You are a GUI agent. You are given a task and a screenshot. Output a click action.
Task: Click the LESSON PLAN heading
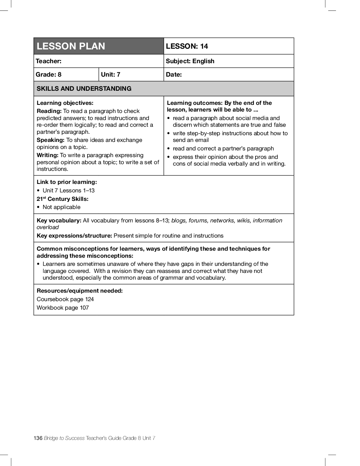pos(71,46)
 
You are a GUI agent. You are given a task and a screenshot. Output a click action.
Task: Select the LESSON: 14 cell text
pos(187,46)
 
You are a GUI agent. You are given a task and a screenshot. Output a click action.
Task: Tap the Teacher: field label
pos(48,61)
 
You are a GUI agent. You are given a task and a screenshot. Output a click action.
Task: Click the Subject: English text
pos(190,61)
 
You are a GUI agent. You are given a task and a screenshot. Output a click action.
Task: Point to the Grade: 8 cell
pos(48,74)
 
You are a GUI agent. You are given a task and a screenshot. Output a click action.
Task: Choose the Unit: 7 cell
pos(110,74)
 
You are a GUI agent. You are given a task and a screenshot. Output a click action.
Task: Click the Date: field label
pos(174,74)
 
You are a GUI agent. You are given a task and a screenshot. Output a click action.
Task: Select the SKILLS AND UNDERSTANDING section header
pos(84,89)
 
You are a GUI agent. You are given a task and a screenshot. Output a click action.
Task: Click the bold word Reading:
pos(49,111)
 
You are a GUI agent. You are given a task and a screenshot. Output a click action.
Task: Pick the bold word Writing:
pos(47,155)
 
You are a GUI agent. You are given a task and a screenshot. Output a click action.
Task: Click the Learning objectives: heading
pos(65,103)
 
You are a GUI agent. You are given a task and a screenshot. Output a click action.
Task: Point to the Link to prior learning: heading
pos(67,182)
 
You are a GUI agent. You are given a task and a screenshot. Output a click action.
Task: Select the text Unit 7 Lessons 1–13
pos(68,191)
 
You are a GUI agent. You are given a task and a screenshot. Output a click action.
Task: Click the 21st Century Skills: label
pos(62,199)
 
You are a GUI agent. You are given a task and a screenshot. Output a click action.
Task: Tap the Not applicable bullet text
pos(61,207)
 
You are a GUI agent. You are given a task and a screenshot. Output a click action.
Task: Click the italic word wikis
pos(243,221)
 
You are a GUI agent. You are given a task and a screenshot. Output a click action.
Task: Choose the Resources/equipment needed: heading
pos(80,291)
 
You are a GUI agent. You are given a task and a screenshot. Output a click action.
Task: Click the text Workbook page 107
pos(63,308)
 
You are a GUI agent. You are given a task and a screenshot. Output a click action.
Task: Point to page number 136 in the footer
pos(38,438)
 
